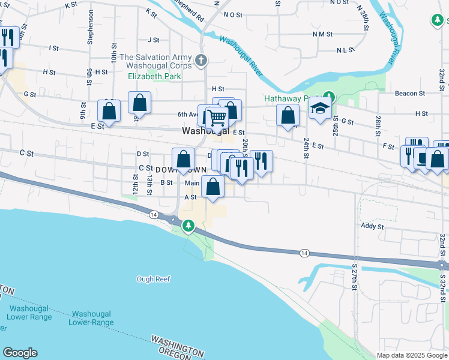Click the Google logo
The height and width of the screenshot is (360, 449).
pyautogui.click(x=20, y=353)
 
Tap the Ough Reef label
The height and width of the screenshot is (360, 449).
pyautogui.click(x=154, y=279)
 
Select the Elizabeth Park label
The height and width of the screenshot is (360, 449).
pyautogui.click(x=154, y=77)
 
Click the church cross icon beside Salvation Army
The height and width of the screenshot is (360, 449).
pyautogui.click(x=201, y=60)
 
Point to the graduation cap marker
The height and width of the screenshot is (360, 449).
pyautogui.click(x=321, y=108)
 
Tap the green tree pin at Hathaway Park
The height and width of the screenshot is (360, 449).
pyautogui.click(x=328, y=96)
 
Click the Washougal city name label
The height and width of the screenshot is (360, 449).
pyautogui.click(x=206, y=131)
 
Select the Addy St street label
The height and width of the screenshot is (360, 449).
pyautogui.click(x=372, y=226)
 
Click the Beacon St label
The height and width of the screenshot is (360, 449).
pyautogui.click(x=410, y=94)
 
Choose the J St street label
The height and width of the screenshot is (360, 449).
pyautogui.click(x=154, y=40)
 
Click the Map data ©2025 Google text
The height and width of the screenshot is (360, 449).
pyautogui.click(x=412, y=355)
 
